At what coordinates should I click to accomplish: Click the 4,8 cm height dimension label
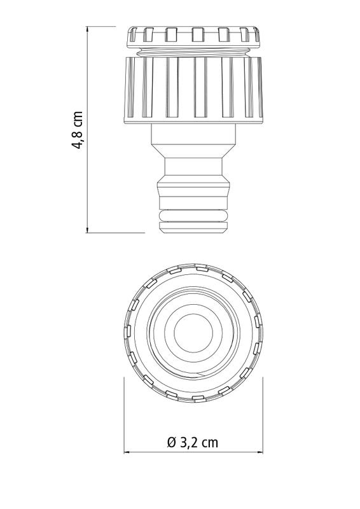click(78, 130)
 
